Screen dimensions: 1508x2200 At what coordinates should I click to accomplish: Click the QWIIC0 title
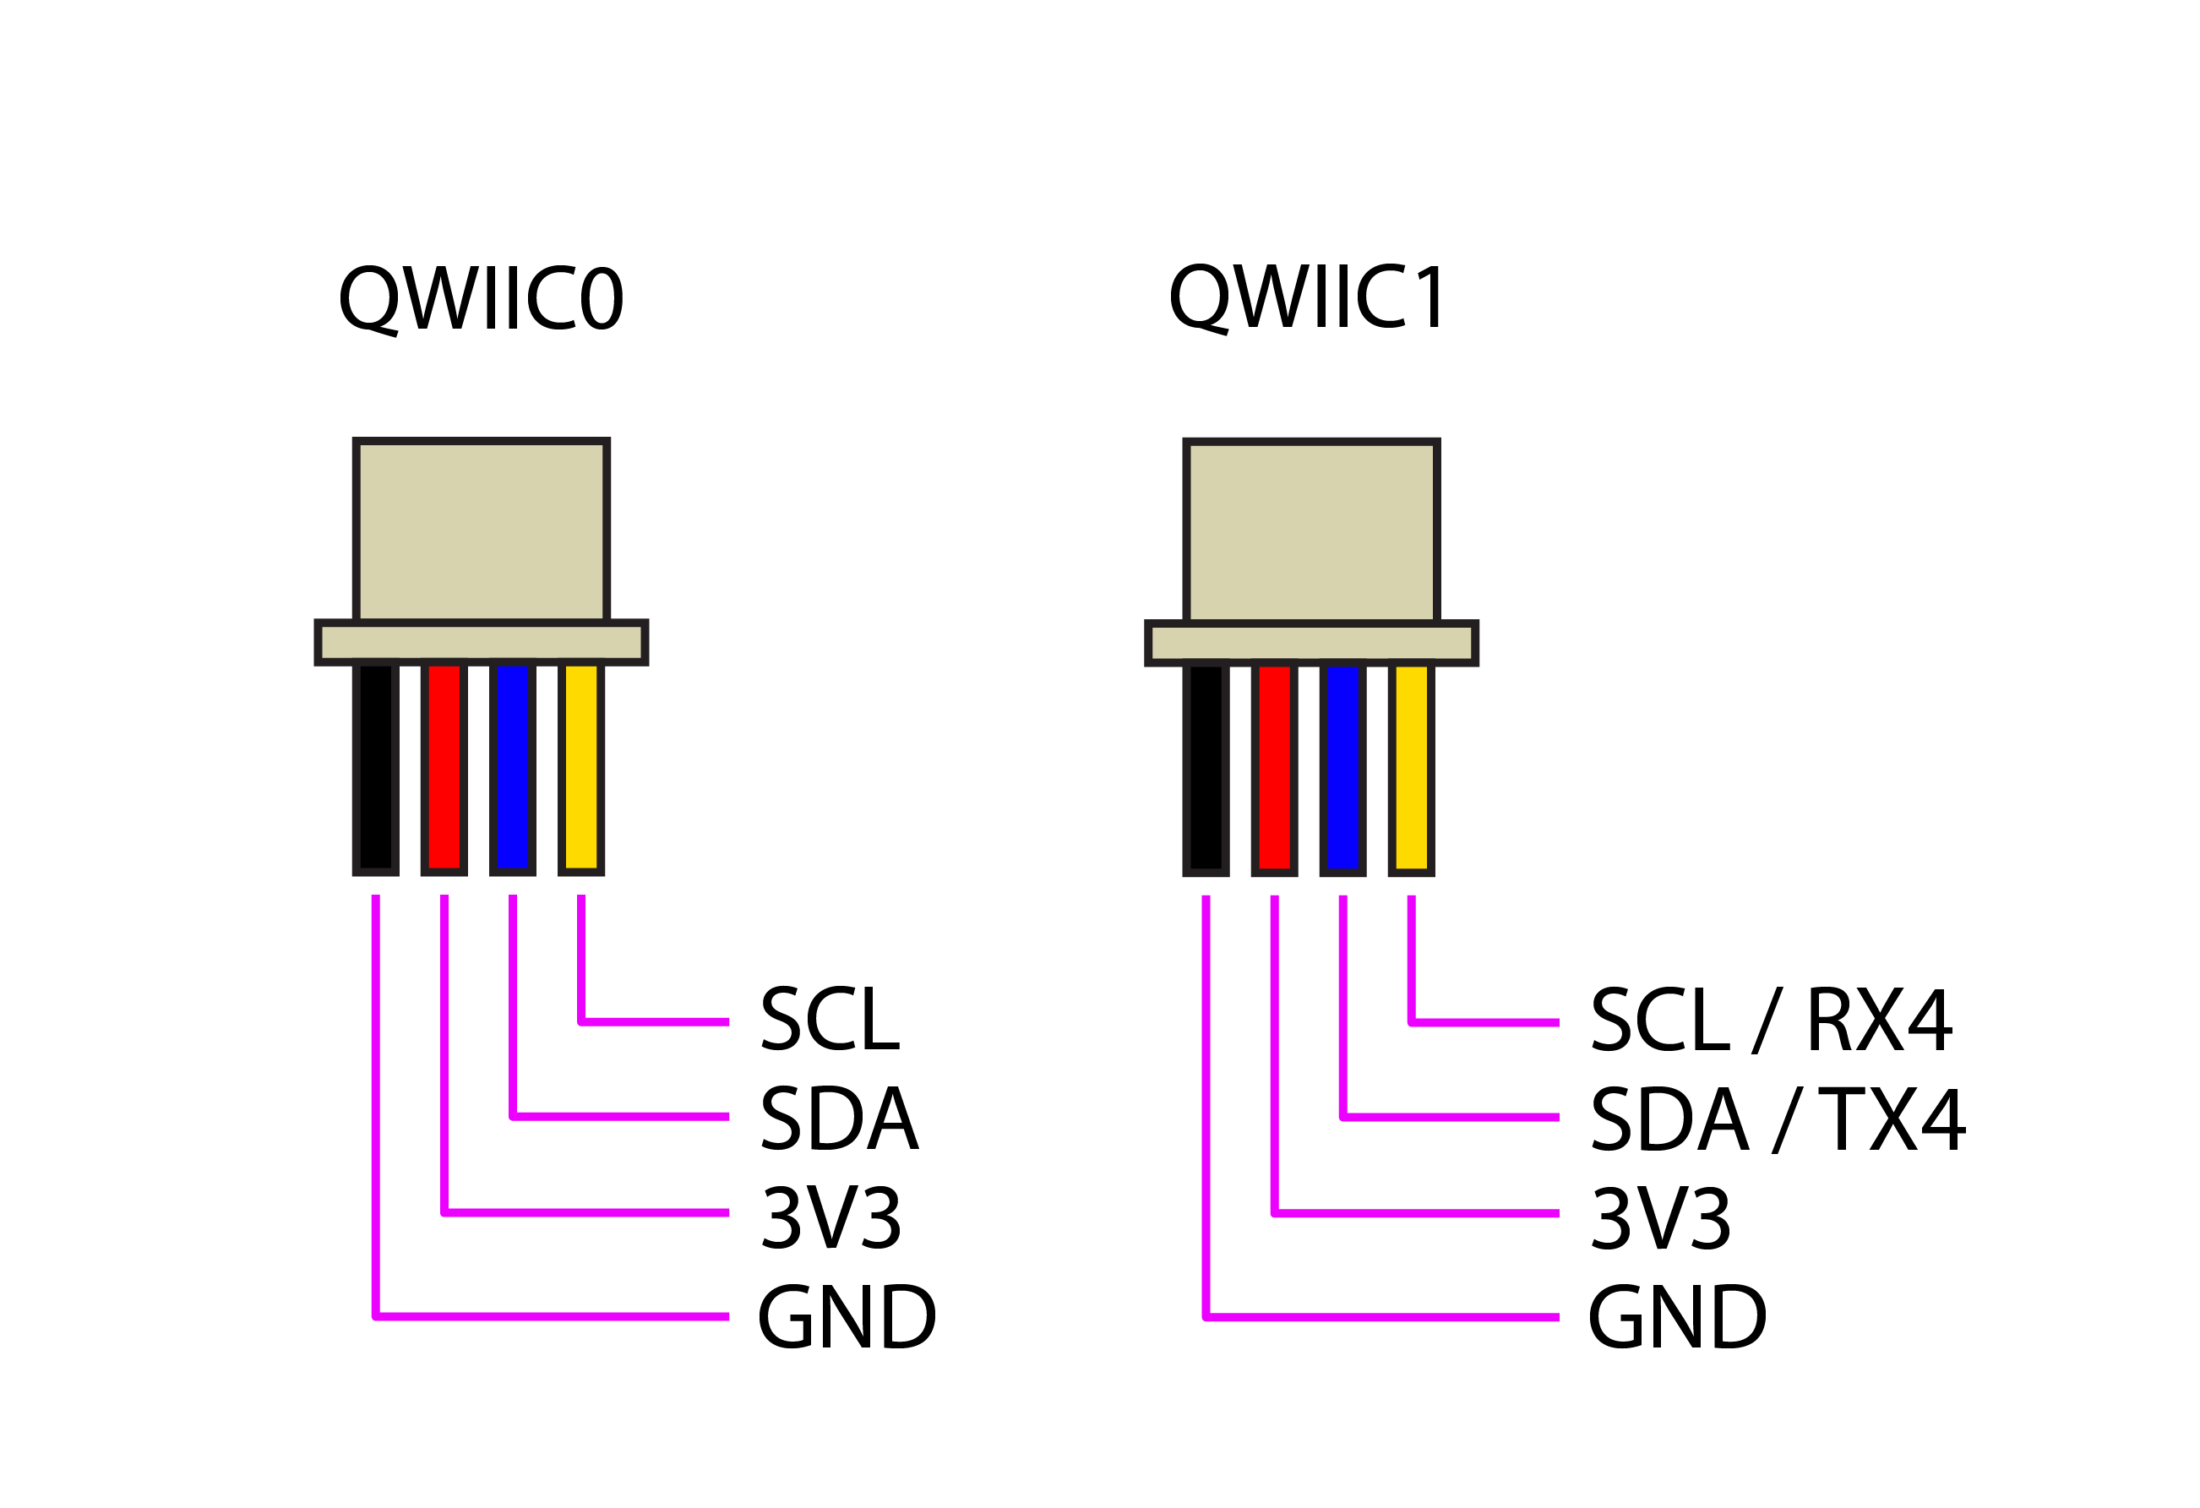480,298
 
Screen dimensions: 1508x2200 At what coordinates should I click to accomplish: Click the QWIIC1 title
1309,297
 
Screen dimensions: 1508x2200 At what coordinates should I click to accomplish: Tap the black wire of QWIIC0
376,767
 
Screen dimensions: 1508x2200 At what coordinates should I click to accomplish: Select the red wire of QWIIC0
444,767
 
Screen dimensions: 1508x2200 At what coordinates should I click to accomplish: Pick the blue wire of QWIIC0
513,767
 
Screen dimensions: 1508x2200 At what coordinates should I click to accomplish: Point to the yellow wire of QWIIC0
581,767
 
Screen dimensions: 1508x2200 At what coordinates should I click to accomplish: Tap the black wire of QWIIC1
1206,768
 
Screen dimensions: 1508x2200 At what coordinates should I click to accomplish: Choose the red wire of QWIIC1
1275,768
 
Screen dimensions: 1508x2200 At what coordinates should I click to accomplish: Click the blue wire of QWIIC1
1343,768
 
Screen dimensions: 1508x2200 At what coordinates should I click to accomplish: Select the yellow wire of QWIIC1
1412,768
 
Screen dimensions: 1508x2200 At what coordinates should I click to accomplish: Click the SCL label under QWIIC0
830,1020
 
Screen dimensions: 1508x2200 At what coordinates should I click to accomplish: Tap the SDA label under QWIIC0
839,1118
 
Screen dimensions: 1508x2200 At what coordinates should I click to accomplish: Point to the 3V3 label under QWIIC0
831,1217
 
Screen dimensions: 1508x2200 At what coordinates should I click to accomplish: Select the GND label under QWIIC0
847,1317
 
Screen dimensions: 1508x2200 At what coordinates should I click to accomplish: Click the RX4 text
1879,1021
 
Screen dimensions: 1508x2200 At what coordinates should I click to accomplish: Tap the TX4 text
1892,1119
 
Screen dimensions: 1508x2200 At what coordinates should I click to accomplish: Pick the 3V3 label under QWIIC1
1661,1218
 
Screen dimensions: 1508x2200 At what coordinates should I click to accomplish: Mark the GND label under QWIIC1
1676,1318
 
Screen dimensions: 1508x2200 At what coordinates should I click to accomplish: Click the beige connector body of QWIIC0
481,530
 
